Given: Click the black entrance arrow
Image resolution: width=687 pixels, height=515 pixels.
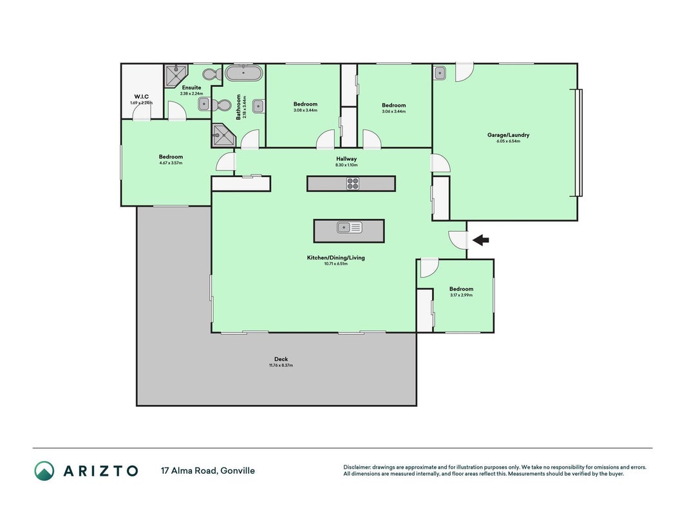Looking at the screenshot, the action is click(480, 239).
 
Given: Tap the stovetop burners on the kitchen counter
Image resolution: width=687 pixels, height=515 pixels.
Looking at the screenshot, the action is click(353, 183).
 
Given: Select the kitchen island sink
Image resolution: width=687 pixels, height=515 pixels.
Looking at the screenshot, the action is click(349, 227).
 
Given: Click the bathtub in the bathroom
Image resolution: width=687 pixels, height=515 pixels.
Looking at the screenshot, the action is click(244, 73).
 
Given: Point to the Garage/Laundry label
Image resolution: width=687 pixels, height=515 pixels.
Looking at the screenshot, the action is click(508, 135).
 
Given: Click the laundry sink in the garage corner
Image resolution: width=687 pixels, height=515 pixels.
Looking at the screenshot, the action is click(440, 73).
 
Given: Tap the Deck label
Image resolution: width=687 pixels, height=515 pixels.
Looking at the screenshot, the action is click(281, 359).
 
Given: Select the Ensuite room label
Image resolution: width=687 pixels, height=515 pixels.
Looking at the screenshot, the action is click(191, 88).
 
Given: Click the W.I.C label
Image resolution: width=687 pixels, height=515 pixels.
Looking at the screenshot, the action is click(142, 97).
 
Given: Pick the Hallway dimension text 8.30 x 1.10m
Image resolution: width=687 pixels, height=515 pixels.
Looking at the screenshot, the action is click(346, 165).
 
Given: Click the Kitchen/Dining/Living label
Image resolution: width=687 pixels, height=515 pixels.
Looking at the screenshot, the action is click(335, 257).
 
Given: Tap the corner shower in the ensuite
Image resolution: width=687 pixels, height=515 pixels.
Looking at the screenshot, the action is click(175, 75).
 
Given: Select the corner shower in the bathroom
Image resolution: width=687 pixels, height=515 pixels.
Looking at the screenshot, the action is click(224, 135).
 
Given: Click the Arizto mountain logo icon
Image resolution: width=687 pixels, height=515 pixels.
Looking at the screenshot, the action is click(44, 471).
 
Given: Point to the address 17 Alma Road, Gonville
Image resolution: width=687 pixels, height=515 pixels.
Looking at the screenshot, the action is click(208, 471).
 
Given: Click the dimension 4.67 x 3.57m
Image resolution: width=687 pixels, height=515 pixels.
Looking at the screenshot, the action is click(171, 163).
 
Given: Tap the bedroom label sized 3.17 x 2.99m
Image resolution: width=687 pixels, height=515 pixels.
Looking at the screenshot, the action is click(462, 289).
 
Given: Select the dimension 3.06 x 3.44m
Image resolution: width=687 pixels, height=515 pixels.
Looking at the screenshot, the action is click(394, 111).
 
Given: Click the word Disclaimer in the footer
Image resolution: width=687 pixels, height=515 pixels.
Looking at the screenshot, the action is click(357, 467).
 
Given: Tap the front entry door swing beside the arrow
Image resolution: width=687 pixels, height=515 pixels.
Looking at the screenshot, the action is click(457, 240).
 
